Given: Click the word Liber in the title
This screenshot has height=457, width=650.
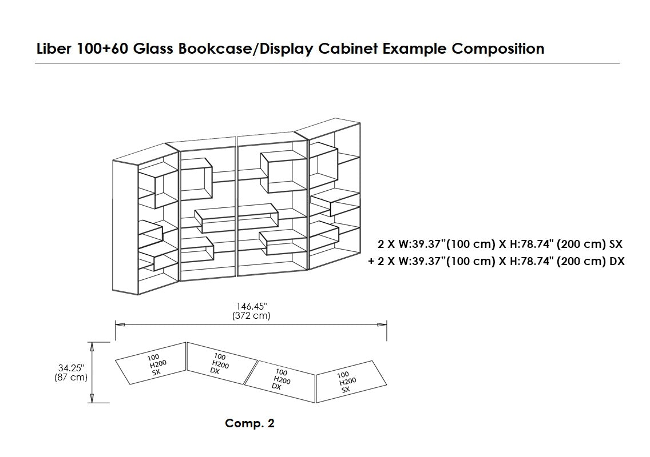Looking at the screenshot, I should tap(53, 49).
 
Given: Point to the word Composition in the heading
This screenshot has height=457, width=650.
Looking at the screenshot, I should tap(498, 49).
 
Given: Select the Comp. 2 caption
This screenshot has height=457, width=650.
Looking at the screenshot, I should tap(249, 423).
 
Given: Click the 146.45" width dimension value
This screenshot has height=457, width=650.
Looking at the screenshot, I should tap(252, 307).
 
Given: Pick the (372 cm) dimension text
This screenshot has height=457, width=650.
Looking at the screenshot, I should tap(252, 315).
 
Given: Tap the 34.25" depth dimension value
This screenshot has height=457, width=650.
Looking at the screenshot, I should tap(71, 368).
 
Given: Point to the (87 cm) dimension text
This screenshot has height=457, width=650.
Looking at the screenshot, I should tap(71, 378).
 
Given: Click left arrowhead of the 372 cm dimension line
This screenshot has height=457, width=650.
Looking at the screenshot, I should tap(119, 324).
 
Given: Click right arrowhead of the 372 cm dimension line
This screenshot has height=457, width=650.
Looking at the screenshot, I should tap(384, 324).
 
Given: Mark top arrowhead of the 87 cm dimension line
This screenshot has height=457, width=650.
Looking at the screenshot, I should tap(91, 345).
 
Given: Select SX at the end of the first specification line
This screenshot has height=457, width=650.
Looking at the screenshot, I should tap(616, 244).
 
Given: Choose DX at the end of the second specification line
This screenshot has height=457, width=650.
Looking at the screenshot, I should tap(616, 262).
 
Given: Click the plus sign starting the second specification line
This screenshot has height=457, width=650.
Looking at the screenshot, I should tap(371, 262).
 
